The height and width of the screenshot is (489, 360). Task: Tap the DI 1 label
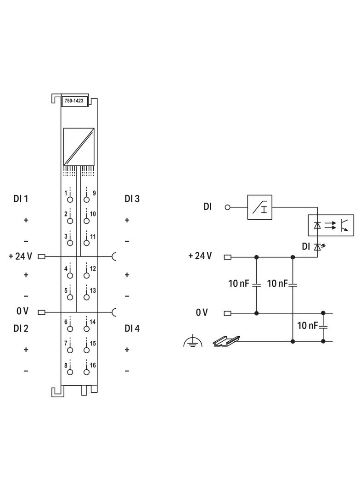point(21,199)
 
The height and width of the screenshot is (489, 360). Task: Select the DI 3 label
point(132,199)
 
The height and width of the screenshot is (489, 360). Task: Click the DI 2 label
point(21,328)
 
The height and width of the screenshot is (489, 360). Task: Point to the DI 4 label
point(132,328)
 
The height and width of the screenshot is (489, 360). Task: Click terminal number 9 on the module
point(94,193)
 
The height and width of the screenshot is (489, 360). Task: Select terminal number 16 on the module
point(93,365)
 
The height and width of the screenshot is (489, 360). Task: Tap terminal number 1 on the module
point(66,193)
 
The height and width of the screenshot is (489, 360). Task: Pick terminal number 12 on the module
point(93,268)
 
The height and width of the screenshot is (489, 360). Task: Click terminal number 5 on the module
point(66,290)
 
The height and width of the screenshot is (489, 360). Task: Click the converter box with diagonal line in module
point(79,146)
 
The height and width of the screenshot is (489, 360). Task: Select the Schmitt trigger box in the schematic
point(260,207)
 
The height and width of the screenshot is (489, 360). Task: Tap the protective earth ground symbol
point(193,342)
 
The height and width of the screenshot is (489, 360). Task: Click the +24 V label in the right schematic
point(200,256)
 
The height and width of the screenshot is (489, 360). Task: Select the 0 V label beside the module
point(22,311)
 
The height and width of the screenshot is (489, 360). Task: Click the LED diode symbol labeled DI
point(317,247)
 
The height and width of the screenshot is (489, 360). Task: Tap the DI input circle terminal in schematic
point(227,207)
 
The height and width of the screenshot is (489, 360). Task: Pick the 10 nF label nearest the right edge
point(308,326)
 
